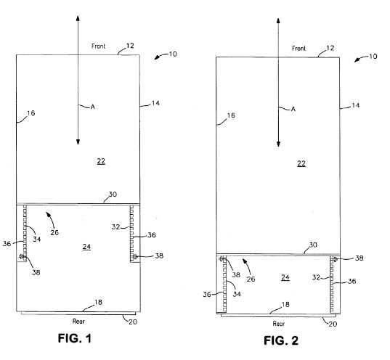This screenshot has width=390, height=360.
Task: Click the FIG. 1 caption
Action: pos(75,338)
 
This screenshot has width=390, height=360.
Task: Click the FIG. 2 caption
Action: pos(281,340)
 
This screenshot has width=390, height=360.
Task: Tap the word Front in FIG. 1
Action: pos(99,46)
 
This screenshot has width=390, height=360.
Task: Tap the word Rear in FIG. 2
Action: pos(279,324)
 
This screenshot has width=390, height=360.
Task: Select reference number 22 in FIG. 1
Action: pos(101,161)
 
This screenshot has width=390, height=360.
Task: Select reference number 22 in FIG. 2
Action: pos(301,163)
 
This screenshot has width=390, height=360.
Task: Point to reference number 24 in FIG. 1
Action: pos(86,247)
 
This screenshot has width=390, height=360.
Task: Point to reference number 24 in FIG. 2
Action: pos(285,277)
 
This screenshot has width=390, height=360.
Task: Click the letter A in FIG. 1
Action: pos(92,107)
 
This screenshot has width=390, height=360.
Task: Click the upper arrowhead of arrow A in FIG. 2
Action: pos(278,20)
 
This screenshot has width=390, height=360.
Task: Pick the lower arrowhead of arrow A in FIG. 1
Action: pos(78,142)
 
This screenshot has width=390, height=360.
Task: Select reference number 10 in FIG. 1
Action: pos(173,54)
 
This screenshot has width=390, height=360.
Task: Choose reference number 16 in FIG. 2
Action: pos(231,115)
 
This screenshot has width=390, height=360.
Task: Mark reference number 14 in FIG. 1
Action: pos(155,103)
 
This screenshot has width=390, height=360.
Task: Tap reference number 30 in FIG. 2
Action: pos(313,245)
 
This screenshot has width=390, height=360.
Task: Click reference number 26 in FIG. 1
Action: pos(54,233)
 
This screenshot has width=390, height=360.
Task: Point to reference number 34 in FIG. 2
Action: pos(237,294)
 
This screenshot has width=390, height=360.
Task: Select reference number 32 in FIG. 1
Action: pos(115,226)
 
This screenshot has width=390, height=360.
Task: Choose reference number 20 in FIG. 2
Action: pos(333,324)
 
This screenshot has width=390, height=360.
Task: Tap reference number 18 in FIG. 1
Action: pos(98,302)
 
